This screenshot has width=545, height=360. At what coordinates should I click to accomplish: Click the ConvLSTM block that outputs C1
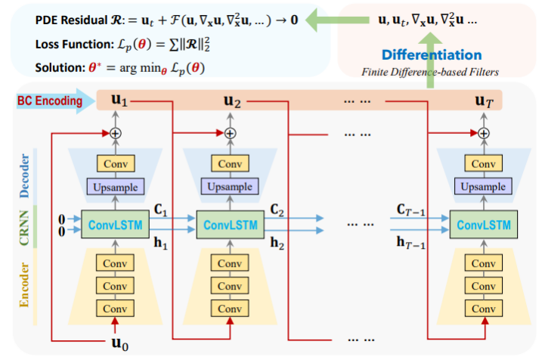(x=116, y=225)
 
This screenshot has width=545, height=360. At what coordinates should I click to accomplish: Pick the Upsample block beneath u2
(x=230, y=187)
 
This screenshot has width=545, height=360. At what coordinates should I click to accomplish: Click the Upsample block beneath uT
(x=483, y=187)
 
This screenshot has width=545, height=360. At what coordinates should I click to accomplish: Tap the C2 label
(x=277, y=208)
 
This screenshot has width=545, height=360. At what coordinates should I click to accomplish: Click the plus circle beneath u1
(x=116, y=133)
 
